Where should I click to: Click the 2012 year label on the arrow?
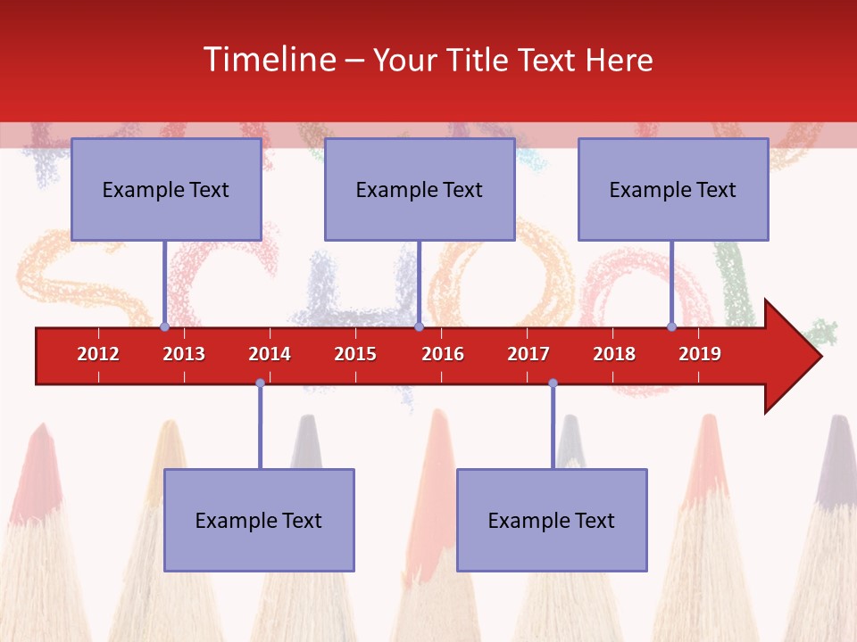pyautogui.click(x=98, y=354)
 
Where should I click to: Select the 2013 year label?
pyautogui.click(x=184, y=354)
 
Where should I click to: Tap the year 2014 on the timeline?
pyautogui.click(x=270, y=354)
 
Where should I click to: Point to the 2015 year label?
pyautogui.click(x=355, y=354)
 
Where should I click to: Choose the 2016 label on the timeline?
pyautogui.click(x=443, y=354)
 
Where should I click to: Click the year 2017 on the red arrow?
pyautogui.click(x=528, y=354)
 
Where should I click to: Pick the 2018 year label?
pyautogui.click(x=614, y=354)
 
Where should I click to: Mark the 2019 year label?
pyautogui.click(x=700, y=354)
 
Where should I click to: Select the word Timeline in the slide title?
pyautogui.click(x=270, y=60)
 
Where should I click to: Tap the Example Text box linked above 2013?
pyautogui.click(x=166, y=190)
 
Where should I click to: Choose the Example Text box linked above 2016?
pyautogui.click(x=420, y=190)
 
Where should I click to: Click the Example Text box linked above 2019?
pyautogui.click(x=673, y=190)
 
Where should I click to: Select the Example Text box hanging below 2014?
pyautogui.click(x=259, y=521)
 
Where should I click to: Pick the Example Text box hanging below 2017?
pyautogui.click(x=552, y=521)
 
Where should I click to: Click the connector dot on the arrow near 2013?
pyautogui.click(x=165, y=327)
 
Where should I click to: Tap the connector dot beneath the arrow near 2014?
pyautogui.click(x=260, y=383)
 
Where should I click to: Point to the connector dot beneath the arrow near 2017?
pyautogui.click(x=553, y=383)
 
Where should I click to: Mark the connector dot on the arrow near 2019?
pyautogui.click(x=672, y=327)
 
